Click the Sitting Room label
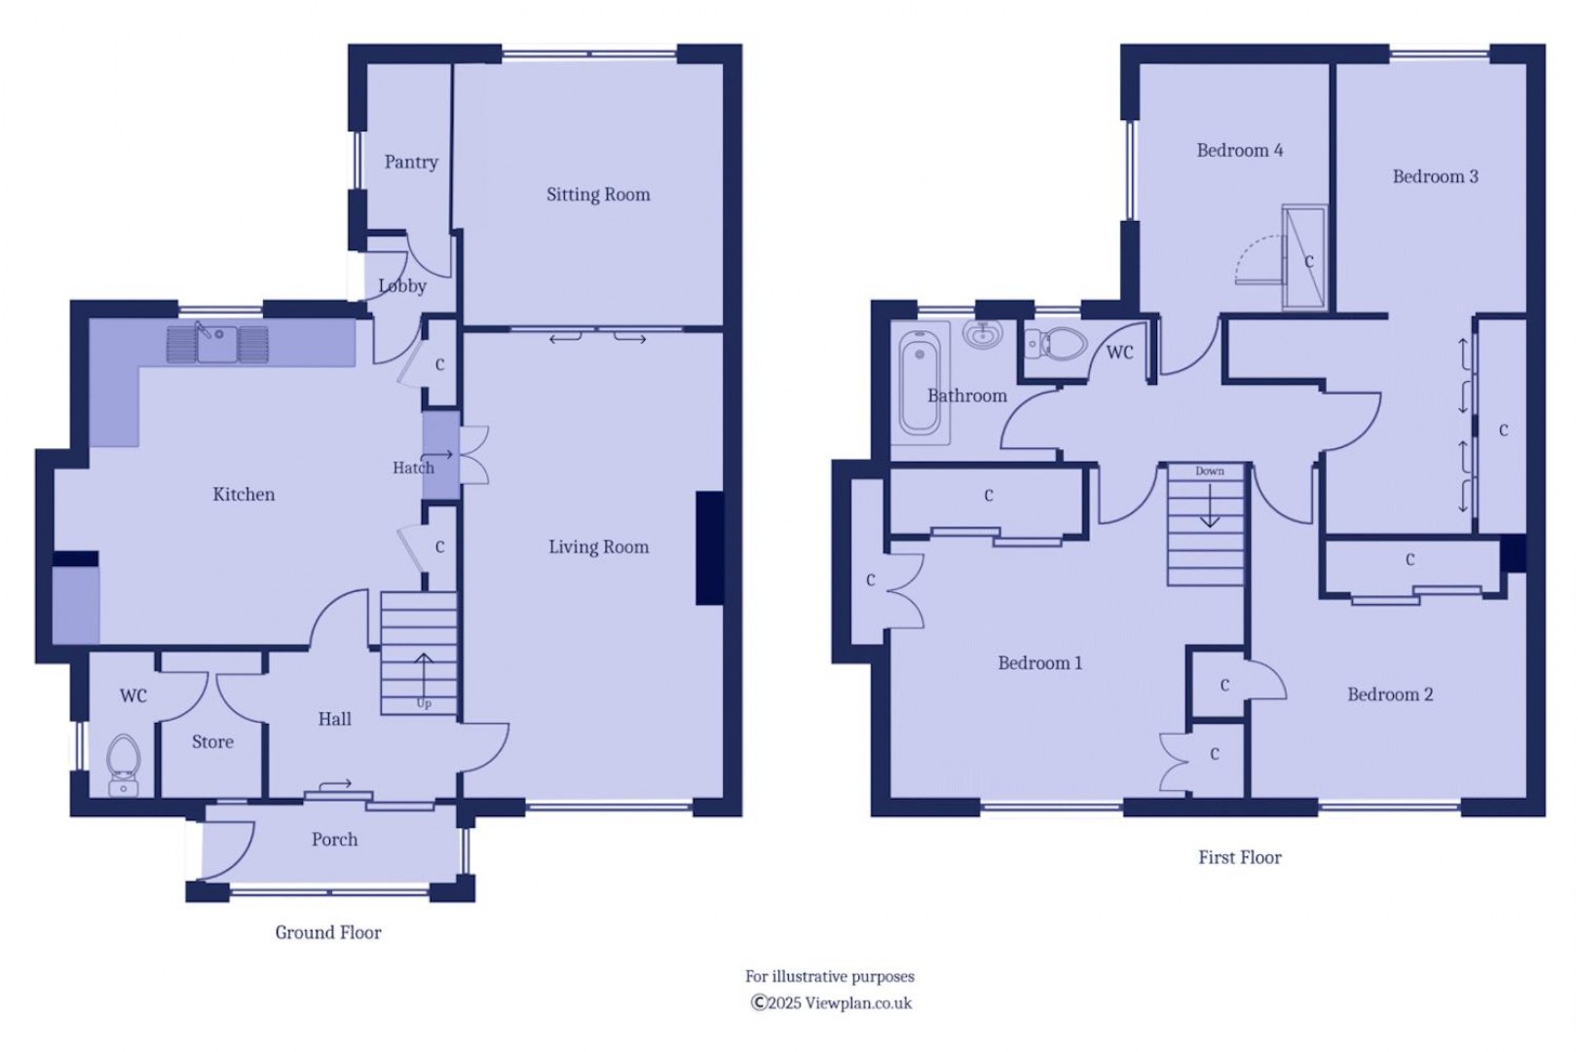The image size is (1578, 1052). tap(598, 195)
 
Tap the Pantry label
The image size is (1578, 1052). tap(411, 163)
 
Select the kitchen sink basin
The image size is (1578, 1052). tap(217, 344)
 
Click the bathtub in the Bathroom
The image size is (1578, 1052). tap(920, 384)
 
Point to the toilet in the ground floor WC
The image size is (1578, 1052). tap(124, 765)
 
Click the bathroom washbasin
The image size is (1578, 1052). tap(984, 335)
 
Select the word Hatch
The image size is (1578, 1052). tap(413, 468)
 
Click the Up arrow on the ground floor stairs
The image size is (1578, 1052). tap(424, 676)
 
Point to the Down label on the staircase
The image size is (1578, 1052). tap(1210, 470)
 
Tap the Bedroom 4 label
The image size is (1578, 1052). tap(1240, 150)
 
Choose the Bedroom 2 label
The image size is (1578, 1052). tap(1390, 695)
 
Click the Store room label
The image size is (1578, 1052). tap(212, 742)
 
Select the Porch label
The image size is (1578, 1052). tap(335, 840)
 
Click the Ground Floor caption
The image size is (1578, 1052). tap(328, 933)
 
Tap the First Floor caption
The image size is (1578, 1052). tap(1240, 857)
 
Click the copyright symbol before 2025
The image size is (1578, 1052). tap(759, 1002)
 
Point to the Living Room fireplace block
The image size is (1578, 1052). tap(710, 548)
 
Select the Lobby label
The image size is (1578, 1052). tap(402, 286)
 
